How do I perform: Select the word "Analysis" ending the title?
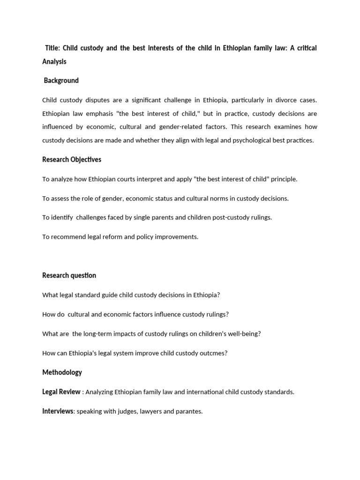point(54,61)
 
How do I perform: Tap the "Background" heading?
point(61,81)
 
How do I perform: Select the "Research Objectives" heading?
point(72,159)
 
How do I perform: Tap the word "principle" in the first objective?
point(282,179)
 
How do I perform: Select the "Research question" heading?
point(69,275)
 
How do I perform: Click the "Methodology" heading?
point(62,372)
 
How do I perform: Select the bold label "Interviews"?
point(58,411)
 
